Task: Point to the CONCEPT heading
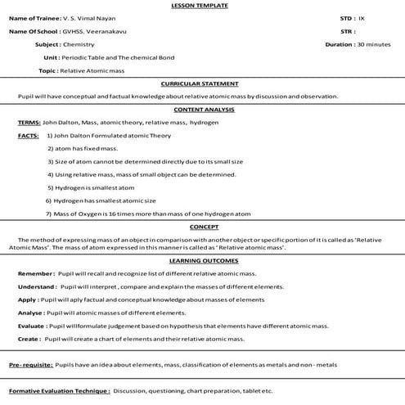click(200, 226)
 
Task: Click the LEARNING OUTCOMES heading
click(200, 262)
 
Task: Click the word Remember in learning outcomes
click(34, 274)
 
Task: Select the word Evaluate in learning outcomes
click(31, 326)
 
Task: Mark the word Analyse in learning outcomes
click(30, 313)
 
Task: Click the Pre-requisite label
click(31, 363)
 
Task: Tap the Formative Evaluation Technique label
click(58, 392)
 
